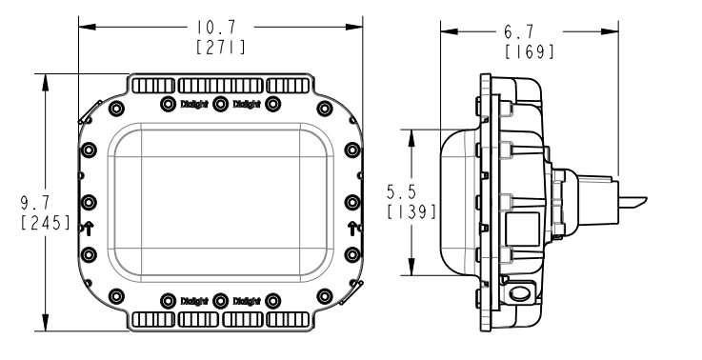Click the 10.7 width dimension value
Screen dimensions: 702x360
[x=216, y=28]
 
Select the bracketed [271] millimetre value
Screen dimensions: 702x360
[x=221, y=47]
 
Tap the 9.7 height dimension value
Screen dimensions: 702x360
[x=35, y=203]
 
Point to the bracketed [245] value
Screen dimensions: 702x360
[x=46, y=223]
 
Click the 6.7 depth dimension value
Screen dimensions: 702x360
[x=519, y=32]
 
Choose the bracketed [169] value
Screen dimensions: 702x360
[x=530, y=51]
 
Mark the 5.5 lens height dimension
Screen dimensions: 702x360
[x=402, y=192]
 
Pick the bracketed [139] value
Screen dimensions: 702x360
[x=411, y=211]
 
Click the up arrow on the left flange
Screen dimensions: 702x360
[x=89, y=229]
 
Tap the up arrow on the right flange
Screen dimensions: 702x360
[x=352, y=229]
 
